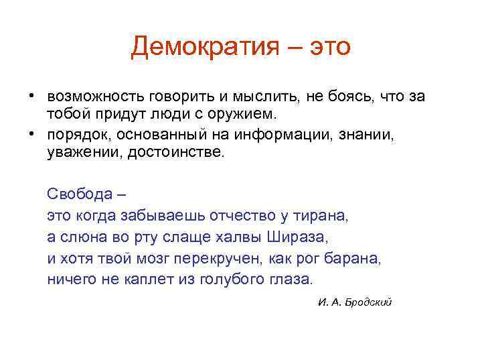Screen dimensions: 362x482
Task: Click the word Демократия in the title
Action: (210, 46)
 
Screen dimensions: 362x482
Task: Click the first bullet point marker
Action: (31, 96)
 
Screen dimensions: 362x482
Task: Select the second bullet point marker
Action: (31, 134)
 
